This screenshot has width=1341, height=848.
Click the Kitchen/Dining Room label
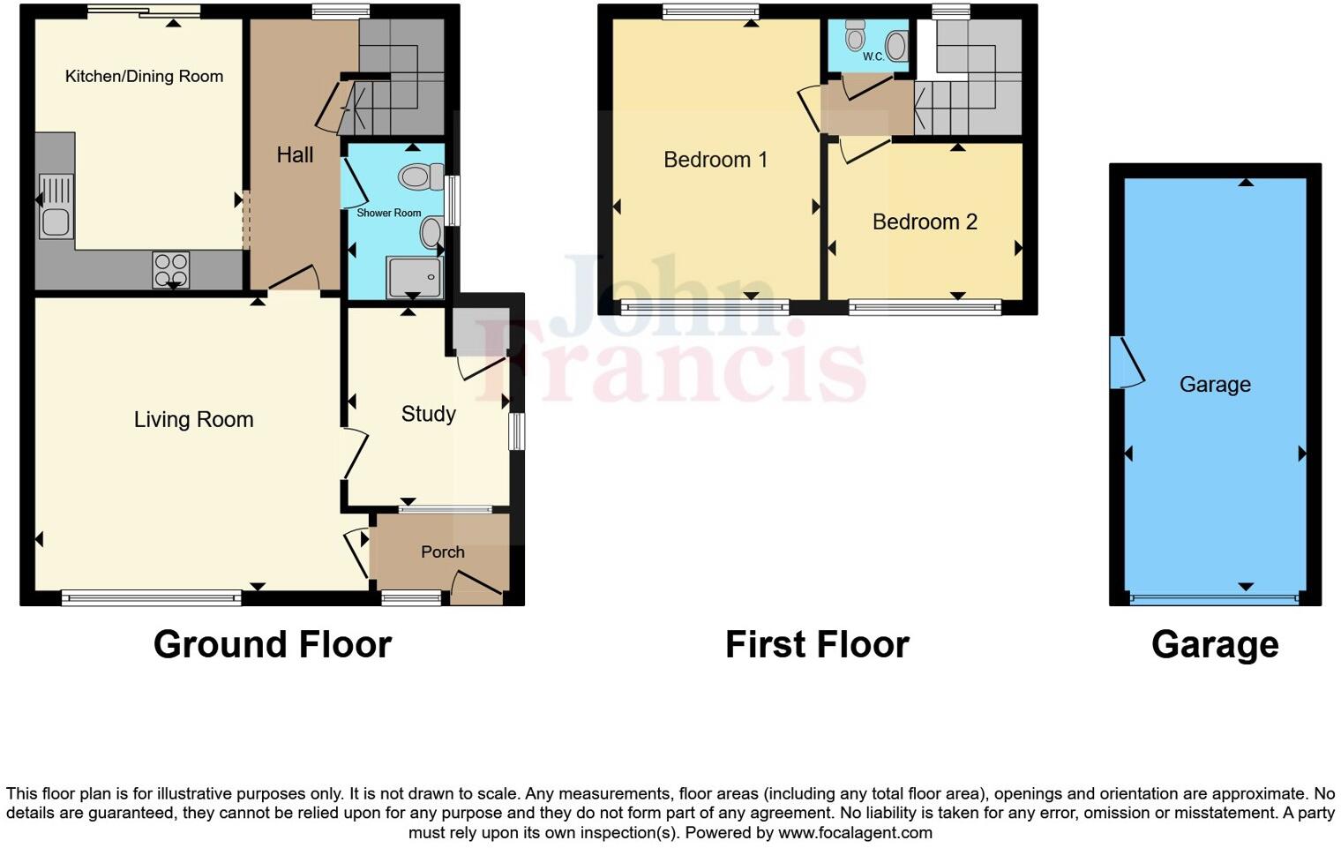(144, 77)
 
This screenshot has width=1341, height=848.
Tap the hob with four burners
(170, 269)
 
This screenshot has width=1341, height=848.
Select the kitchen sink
(56, 206)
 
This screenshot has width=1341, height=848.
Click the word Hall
(295, 155)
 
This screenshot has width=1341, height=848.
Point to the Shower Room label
(388, 213)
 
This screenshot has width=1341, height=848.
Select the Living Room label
(193, 420)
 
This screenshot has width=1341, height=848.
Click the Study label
(428, 414)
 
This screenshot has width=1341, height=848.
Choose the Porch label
(442, 552)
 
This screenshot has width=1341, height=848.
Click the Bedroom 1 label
(715, 160)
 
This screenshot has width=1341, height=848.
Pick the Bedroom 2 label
(925, 222)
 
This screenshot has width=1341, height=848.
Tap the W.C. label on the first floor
(873, 56)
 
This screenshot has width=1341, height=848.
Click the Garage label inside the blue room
(1215, 385)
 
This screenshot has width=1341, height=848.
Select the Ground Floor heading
(272, 645)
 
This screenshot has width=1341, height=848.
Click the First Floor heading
(817, 645)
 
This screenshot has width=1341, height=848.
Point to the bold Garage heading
(1215, 645)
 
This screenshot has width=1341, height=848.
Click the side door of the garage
(1126, 364)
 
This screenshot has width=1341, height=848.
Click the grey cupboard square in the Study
(480, 331)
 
